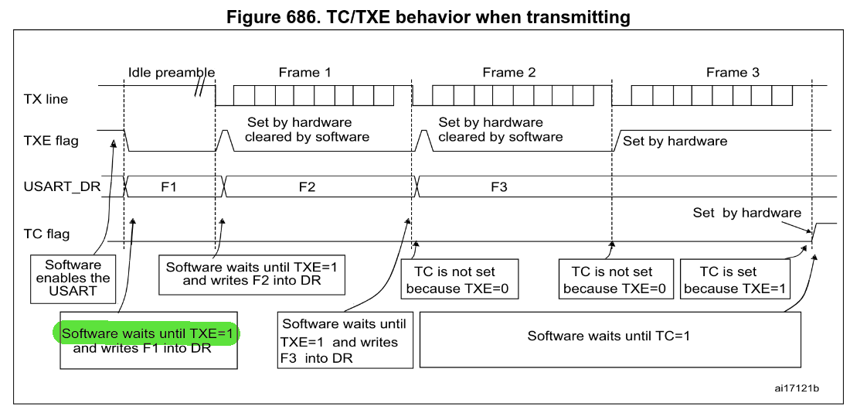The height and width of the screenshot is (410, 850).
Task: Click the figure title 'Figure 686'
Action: [424, 15]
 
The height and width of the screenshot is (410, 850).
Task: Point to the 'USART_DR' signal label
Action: [74, 186]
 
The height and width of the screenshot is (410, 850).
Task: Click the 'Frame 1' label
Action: [304, 73]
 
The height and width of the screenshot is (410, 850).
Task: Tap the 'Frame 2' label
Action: [508, 73]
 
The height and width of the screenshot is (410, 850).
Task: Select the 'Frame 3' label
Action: [733, 73]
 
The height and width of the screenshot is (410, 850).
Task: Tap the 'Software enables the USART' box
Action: [73, 278]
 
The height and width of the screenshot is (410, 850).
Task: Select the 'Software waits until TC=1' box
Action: [608, 336]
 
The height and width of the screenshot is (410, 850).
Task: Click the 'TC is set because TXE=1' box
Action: [733, 280]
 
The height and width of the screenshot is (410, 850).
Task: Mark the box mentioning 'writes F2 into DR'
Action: [255, 274]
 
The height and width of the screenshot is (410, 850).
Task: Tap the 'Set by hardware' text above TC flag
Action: [746, 213]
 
